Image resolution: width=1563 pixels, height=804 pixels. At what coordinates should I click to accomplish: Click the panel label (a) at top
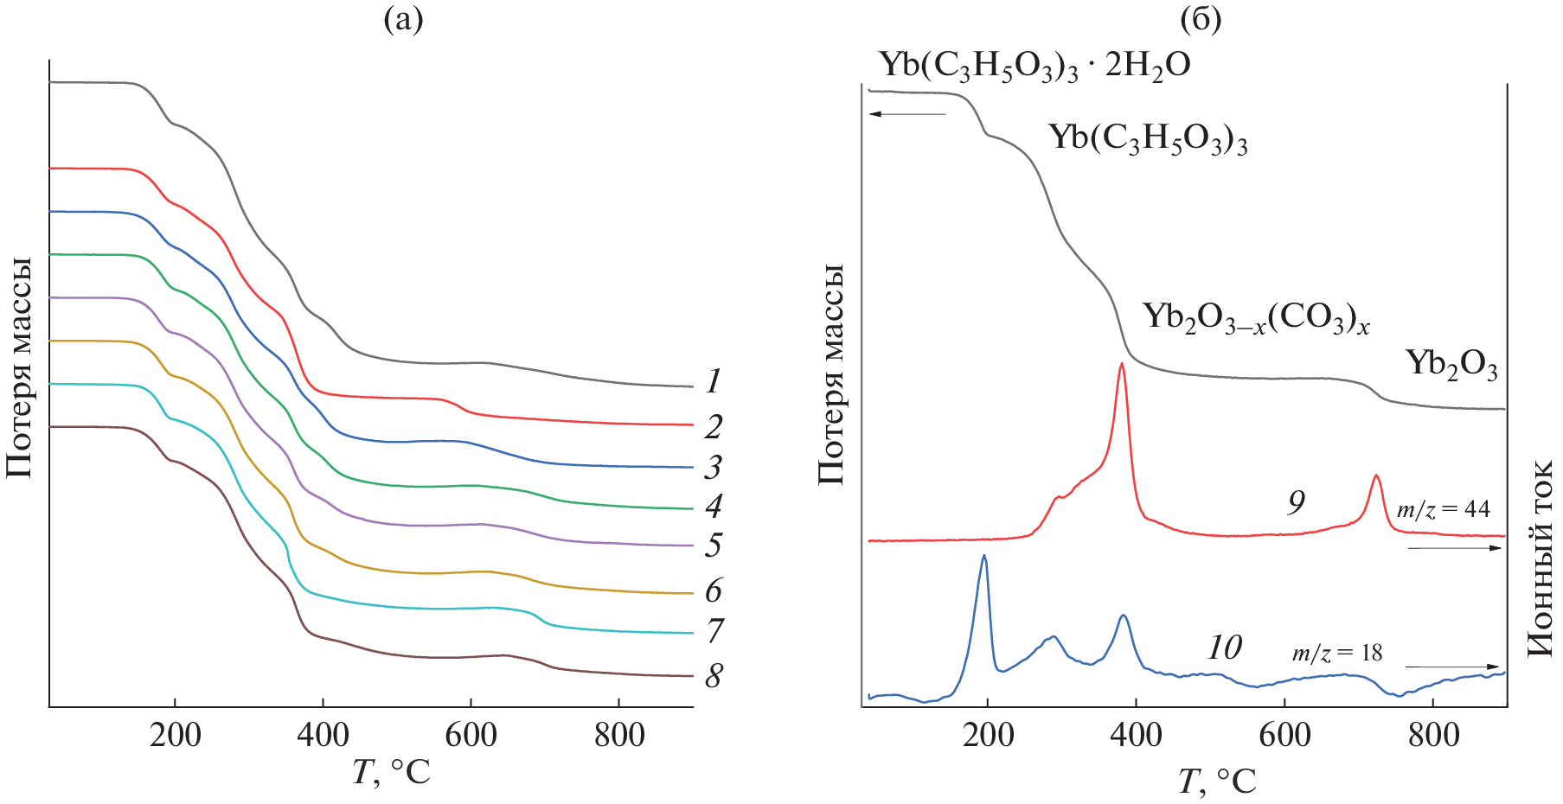[x=403, y=19]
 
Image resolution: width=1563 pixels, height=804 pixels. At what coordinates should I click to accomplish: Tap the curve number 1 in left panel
[x=713, y=381]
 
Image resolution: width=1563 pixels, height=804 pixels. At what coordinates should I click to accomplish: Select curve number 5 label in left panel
[x=713, y=546]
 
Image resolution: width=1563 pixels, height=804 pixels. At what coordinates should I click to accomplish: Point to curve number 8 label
[x=713, y=676]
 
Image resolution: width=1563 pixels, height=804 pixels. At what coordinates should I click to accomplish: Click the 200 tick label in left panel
[x=175, y=736]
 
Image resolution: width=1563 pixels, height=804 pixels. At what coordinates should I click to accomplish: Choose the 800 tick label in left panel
[x=619, y=736]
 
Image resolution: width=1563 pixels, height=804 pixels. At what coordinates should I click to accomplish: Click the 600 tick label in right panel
[x=1284, y=736]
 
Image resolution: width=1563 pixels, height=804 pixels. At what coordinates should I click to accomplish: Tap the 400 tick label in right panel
[x=1136, y=736]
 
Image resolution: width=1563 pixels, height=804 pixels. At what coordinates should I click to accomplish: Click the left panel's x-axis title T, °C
[x=391, y=772]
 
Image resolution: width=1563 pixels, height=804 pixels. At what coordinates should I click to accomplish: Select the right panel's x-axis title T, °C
[x=1216, y=782]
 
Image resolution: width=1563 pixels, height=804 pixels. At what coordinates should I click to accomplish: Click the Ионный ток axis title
[x=1541, y=559]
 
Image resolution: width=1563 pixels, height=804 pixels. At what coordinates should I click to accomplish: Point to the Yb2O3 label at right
[x=1451, y=364]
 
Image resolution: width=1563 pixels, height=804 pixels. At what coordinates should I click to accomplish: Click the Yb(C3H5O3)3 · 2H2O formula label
[x=1035, y=66]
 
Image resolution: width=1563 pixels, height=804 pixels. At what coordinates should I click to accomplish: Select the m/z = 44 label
[x=1443, y=509]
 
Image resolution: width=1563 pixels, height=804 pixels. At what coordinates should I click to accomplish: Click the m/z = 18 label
[x=1337, y=653]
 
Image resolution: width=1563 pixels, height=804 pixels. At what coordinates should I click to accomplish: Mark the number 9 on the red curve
[x=1296, y=502]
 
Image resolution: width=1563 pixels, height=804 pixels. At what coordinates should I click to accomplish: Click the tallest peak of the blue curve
[x=984, y=558]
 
